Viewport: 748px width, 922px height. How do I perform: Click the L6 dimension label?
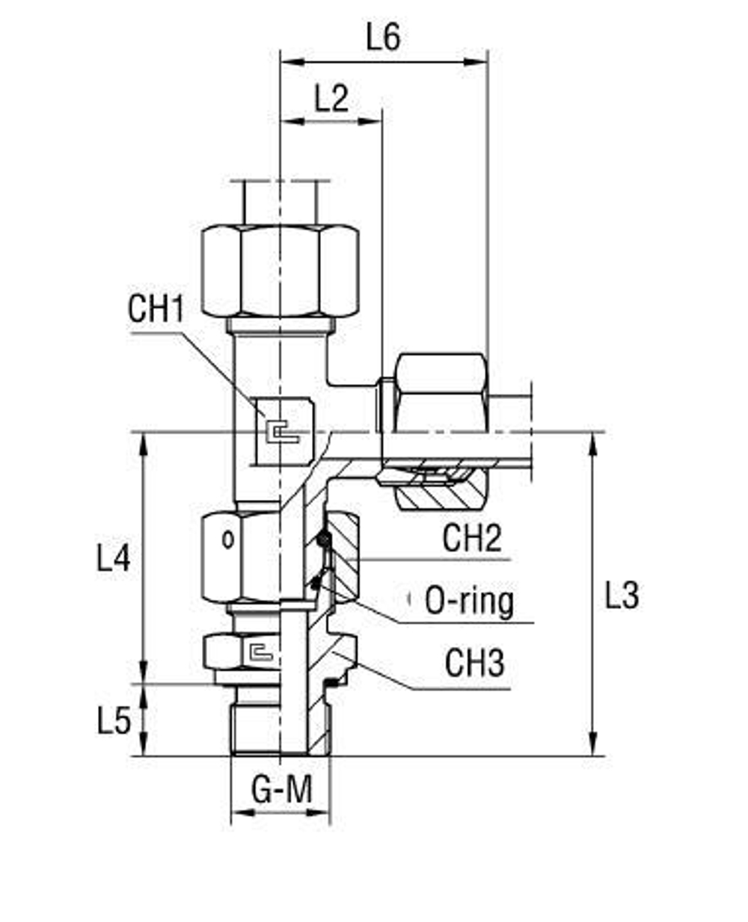click(x=383, y=37)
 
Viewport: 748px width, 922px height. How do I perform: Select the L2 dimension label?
click(x=331, y=98)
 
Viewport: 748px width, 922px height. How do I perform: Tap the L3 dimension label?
click(x=622, y=595)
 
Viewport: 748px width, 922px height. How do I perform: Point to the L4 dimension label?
click(x=114, y=557)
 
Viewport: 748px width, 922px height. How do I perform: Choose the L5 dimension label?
click(x=114, y=720)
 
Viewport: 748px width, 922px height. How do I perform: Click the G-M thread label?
click(x=281, y=790)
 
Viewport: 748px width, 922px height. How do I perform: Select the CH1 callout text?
click(x=156, y=309)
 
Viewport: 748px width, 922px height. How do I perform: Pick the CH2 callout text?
click(x=472, y=538)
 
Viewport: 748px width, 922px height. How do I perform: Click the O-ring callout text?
click(x=469, y=600)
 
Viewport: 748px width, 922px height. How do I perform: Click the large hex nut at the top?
click(x=280, y=270)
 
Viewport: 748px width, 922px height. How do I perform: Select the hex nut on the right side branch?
click(x=441, y=392)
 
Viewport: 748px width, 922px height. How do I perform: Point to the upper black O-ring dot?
click(x=323, y=538)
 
